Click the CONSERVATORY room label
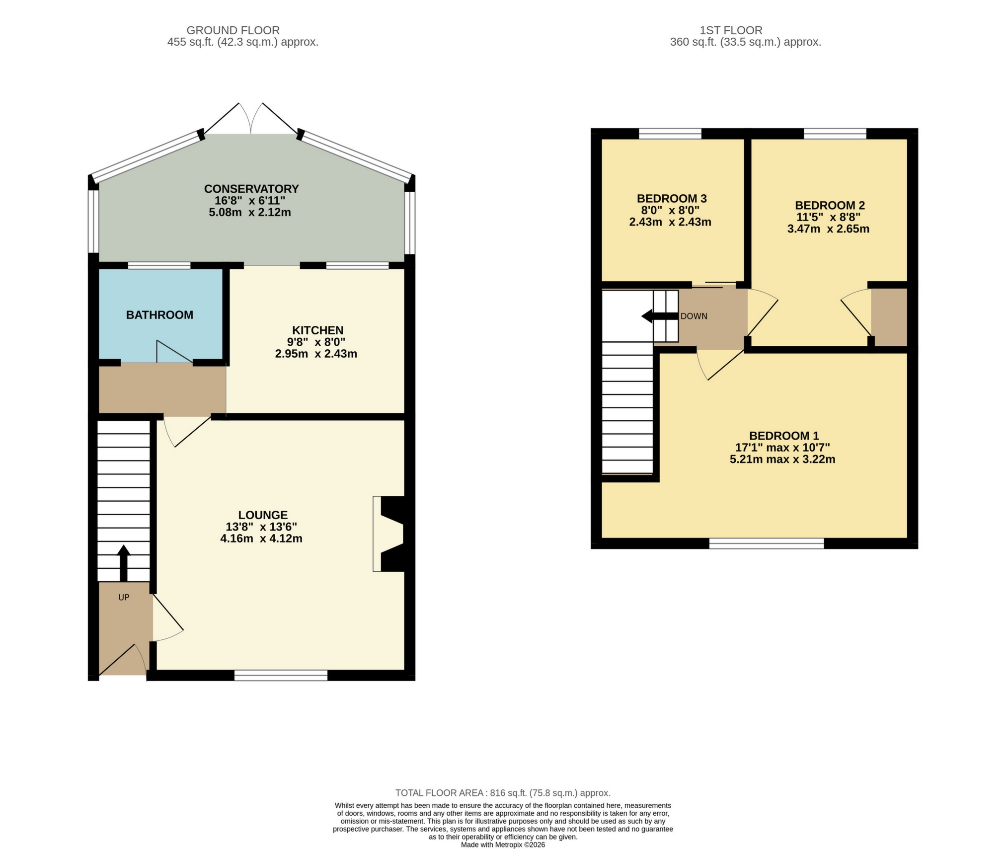pyautogui.click(x=251, y=189)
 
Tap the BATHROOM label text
pyautogui.click(x=159, y=315)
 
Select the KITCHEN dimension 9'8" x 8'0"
pyautogui.click(x=317, y=342)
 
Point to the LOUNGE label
pyautogui.click(x=263, y=515)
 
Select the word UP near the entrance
pyautogui.click(x=124, y=597)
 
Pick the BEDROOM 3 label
pyautogui.click(x=672, y=198)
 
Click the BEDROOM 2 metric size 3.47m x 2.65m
pyautogui.click(x=828, y=229)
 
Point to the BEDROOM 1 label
pyautogui.click(x=783, y=436)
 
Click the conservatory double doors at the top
pyautogui.click(x=251, y=119)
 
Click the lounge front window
pyautogui.click(x=281, y=675)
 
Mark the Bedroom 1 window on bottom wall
pyautogui.click(x=766, y=543)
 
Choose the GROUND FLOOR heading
pyautogui.click(x=233, y=30)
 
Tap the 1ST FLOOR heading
pyautogui.click(x=731, y=30)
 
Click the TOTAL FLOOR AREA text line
pyautogui.click(x=502, y=793)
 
